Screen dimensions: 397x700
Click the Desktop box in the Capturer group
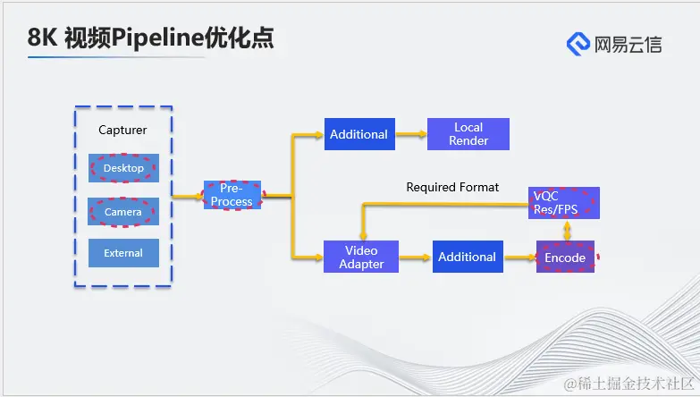click(123, 168)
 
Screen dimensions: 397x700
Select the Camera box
click(123, 212)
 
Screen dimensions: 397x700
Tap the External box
click(123, 253)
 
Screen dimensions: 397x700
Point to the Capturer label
click(122, 131)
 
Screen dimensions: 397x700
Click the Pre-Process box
click(232, 195)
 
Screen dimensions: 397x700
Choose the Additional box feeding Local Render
click(358, 134)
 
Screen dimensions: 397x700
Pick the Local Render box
click(468, 134)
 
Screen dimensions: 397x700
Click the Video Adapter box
click(361, 258)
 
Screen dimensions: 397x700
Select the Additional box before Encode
click(467, 258)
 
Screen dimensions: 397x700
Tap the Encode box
click(565, 258)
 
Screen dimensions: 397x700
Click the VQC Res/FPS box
click(565, 203)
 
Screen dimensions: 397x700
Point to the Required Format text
click(452, 188)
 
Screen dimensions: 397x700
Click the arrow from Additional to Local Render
click(410, 134)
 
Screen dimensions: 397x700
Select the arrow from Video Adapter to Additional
click(416, 258)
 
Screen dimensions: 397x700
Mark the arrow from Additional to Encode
click(519, 258)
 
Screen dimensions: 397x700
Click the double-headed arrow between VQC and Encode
click(565, 230)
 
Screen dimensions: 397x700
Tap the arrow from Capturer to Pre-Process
click(187, 195)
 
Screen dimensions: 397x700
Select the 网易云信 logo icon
click(578, 43)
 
